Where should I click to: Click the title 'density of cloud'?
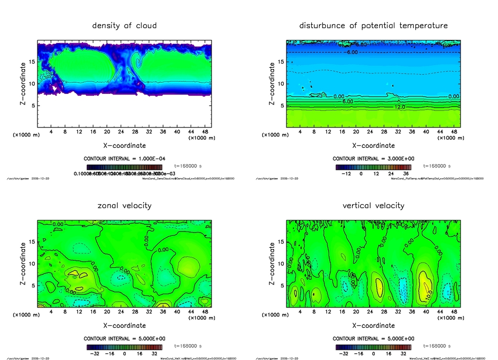click(x=124, y=25)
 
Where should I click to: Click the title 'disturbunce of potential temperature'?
click(x=373, y=25)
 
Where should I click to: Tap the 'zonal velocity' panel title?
click(x=124, y=205)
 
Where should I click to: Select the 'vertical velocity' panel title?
click(x=373, y=205)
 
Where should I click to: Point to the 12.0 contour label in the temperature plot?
click(x=400, y=107)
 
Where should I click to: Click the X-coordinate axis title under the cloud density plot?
click(x=124, y=145)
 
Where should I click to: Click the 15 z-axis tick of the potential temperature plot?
click(x=281, y=62)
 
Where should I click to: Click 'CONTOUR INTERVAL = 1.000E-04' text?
click(x=124, y=159)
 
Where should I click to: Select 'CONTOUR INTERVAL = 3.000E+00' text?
click(x=373, y=159)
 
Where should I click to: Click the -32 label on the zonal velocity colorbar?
click(x=95, y=353)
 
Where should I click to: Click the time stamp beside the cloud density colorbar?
click(x=188, y=166)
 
